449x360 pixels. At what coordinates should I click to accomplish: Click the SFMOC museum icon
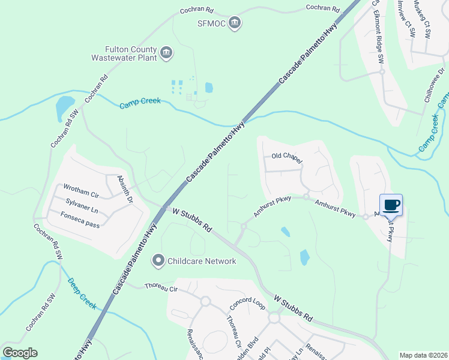coord(235,23)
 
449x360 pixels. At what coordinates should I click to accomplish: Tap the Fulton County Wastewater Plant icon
coord(167,53)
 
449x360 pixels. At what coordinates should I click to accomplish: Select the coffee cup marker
coord(391,205)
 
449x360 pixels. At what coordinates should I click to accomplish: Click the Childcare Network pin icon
coord(158,261)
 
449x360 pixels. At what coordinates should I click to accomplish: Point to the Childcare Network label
coord(202,261)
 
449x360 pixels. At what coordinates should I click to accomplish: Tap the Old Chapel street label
coord(286,156)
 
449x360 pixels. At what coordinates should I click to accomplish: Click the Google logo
coord(20,353)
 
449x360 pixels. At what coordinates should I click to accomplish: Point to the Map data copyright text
coord(423,355)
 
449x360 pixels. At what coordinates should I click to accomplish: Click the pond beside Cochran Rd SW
coord(64,109)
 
